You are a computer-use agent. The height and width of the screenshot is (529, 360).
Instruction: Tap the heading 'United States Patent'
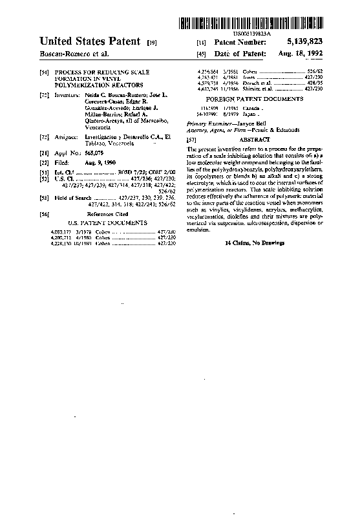click(x=89, y=41)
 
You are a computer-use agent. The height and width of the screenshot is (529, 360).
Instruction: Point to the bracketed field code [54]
click(x=43, y=73)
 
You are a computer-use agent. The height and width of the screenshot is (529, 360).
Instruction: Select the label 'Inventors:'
click(x=67, y=95)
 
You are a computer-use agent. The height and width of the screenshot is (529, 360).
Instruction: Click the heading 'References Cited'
click(x=107, y=213)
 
